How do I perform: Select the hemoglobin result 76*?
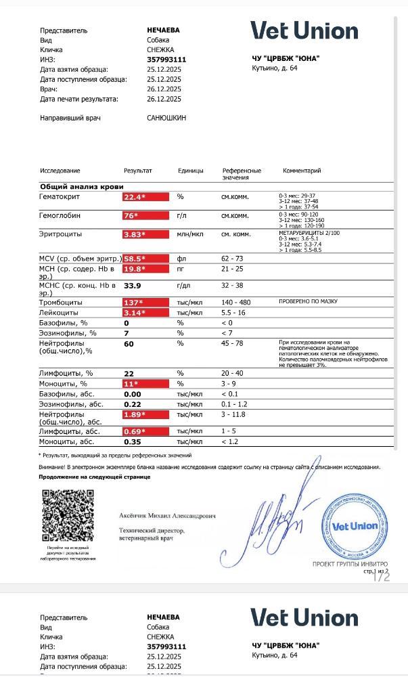pos(131,216)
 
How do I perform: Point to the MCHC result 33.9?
pos(133,286)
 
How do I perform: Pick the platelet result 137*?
pos(133,302)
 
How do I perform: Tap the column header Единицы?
pos(191,171)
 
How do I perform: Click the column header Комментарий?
pos(302,171)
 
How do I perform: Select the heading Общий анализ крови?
pos(82,186)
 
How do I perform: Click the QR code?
pos(68,515)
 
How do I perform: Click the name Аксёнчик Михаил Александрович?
pos(168,516)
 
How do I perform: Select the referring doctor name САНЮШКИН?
pos(166,118)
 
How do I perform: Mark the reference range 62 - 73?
pos(232,259)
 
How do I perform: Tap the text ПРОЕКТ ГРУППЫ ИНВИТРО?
pos(350,564)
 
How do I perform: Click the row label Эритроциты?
pos(61,234)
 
